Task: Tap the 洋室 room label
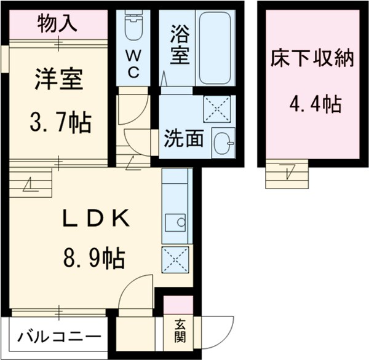pos(58,80)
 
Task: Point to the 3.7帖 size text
pos(60,123)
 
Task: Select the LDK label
pos(98,219)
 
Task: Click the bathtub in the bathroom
pos(214,48)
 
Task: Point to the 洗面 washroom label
pos(183,139)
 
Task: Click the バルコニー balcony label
pos(58,337)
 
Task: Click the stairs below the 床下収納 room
pos(287,173)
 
